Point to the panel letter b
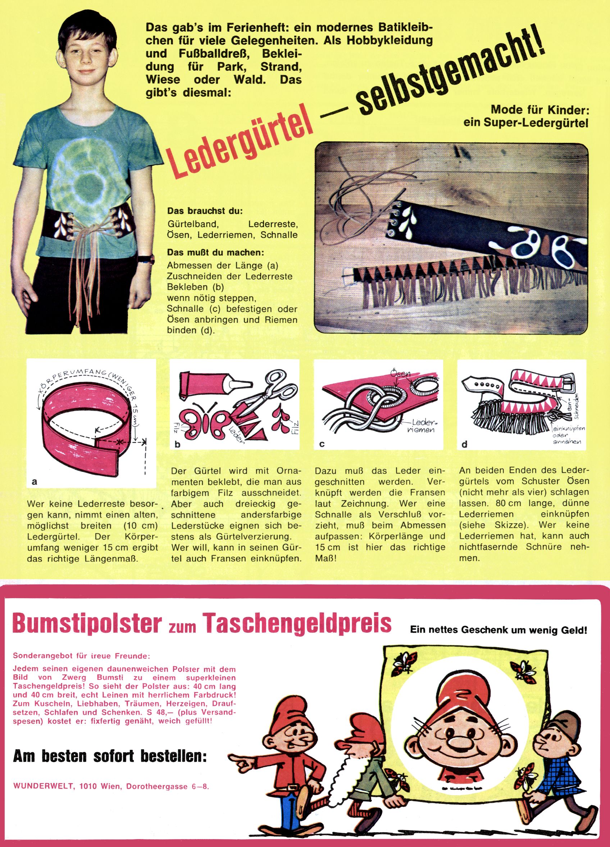click(178, 444)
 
